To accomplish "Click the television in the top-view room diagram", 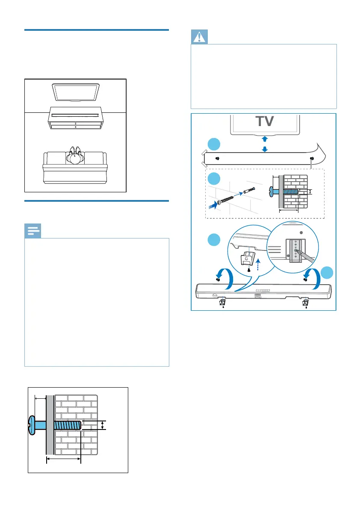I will tap(76, 91).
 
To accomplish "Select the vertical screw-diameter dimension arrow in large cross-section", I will tap(103, 425).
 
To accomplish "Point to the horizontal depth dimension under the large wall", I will tap(63, 459).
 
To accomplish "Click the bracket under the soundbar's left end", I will tap(223, 303).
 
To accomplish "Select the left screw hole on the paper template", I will tap(218, 158).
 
